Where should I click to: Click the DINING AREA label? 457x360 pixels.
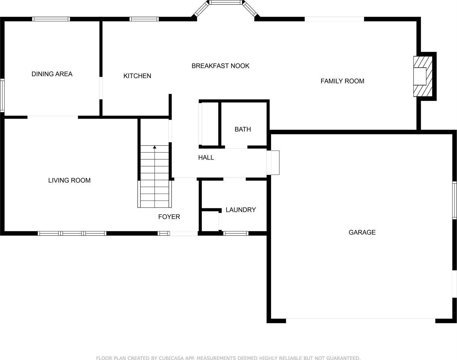(52, 74)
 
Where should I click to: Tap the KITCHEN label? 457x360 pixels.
(137, 76)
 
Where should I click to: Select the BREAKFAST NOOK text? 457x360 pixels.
(220, 66)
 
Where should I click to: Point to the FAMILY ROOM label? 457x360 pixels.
(342, 81)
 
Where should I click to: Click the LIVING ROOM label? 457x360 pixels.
(69, 180)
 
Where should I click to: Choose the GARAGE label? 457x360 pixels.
(362, 232)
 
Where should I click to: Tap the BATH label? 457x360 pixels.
(243, 129)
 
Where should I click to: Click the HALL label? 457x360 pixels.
(206, 157)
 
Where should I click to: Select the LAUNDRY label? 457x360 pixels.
(240, 210)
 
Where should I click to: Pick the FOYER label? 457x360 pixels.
(169, 217)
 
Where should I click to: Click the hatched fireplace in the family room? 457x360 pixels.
(423, 76)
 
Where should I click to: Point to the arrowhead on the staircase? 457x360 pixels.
(154, 147)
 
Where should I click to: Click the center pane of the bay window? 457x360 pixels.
(226, 2)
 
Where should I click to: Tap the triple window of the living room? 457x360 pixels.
(72, 233)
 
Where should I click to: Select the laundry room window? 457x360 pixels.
(236, 233)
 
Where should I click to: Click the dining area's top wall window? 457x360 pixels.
(51, 19)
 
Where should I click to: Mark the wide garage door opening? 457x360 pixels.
(360, 320)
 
